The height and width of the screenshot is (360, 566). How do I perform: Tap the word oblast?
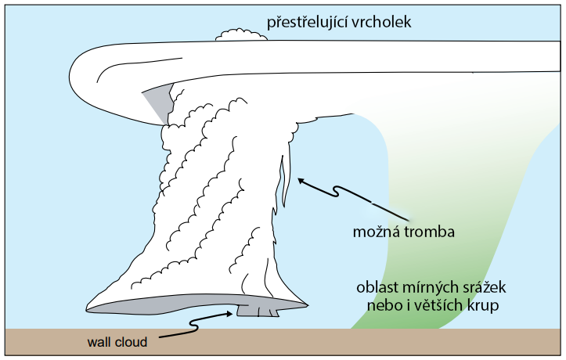point(376,286)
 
